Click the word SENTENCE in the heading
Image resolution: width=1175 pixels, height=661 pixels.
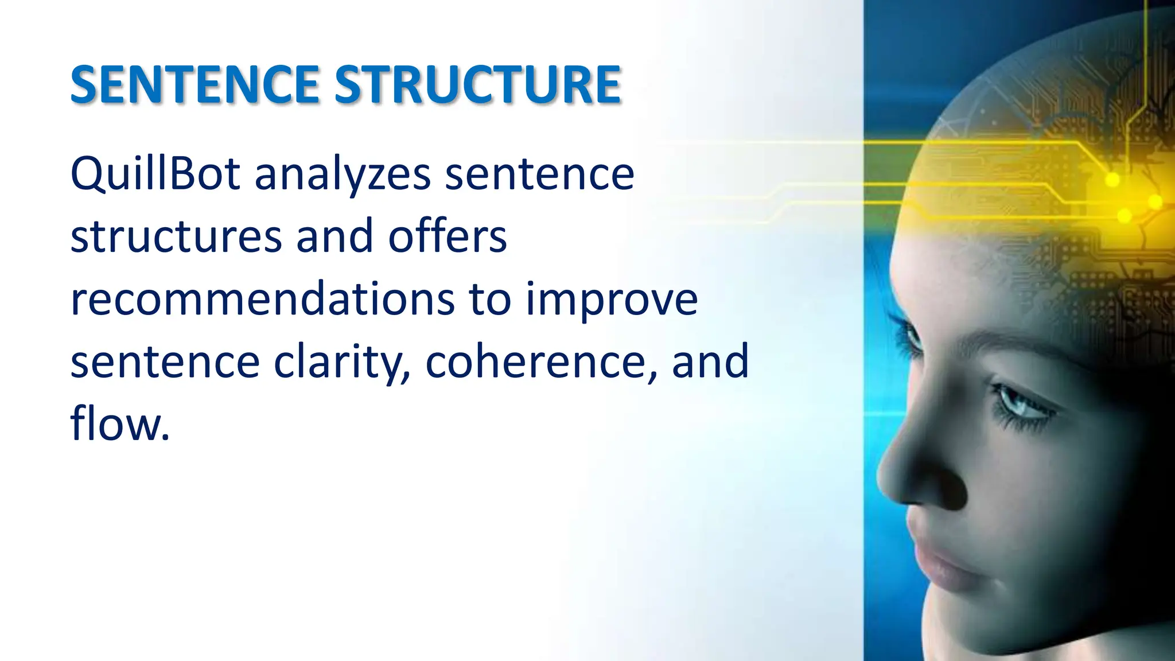tap(194, 85)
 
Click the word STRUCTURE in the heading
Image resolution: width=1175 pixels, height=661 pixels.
tap(477, 85)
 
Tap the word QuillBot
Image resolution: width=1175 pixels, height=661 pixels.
tap(155, 173)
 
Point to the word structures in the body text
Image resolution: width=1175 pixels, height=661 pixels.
tap(176, 236)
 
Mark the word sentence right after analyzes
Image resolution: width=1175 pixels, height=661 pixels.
tap(539, 174)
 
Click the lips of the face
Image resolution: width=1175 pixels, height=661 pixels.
tap(941, 565)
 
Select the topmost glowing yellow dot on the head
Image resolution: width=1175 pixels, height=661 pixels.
tap(1112, 180)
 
